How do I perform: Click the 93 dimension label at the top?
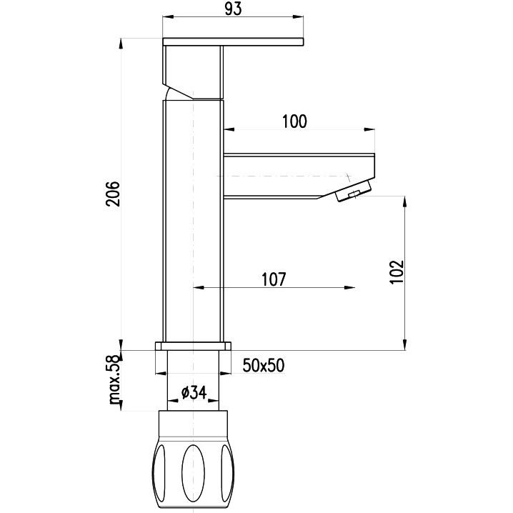click(x=234, y=9)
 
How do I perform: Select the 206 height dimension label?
click(x=113, y=194)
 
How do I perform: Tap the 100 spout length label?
click(x=294, y=121)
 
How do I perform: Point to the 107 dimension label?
click(x=274, y=279)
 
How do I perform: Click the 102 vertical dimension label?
click(x=397, y=272)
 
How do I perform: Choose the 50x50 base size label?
click(x=264, y=365)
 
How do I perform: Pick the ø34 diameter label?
click(x=194, y=392)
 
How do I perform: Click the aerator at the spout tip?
click(x=354, y=191)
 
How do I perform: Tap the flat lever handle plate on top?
click(x=233, y=42)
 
